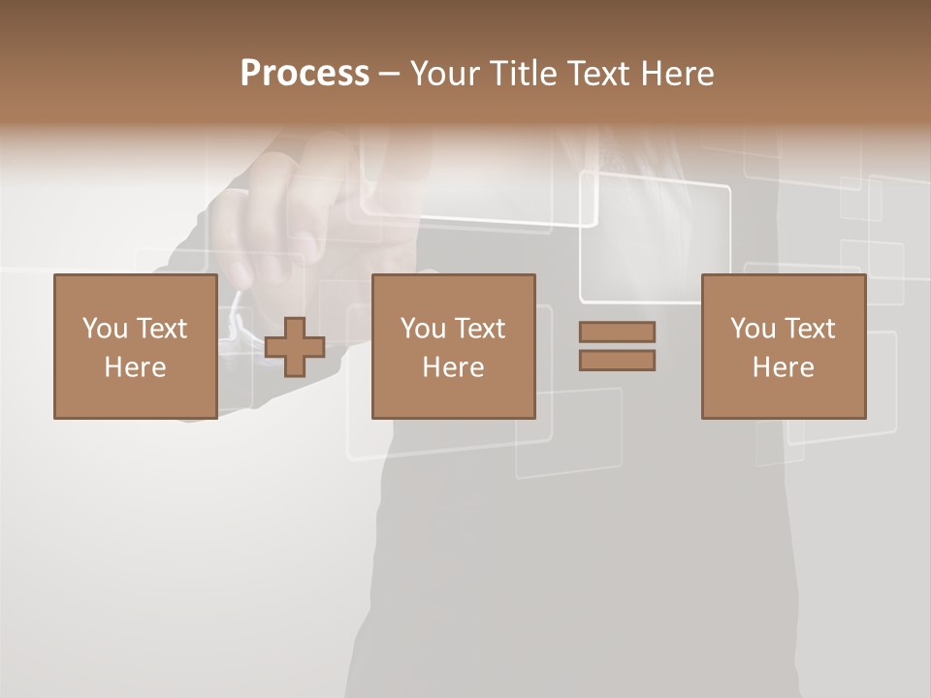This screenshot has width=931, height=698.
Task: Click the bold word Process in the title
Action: click(x=305, y=74)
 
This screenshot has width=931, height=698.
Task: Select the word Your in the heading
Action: click(x=445, y=74)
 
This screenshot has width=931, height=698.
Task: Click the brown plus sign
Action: click(x=295, y=347)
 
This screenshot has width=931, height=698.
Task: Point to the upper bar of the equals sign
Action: click(x=617, y=332)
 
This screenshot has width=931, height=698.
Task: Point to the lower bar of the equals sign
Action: click(x=617, y=360)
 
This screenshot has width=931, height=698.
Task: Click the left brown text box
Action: click(x=135, y=346)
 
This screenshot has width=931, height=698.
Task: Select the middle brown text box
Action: click(x=453, y=346)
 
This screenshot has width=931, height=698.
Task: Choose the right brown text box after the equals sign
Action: click(x=783, y=346)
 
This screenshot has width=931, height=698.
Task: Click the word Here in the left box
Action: click(x=135, y=367)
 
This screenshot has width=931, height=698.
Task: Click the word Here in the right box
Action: click(x=783, y=367)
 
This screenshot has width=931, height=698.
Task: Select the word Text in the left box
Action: click(x=163, y=329)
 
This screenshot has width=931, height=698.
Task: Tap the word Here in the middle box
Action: click(x=453, y=367)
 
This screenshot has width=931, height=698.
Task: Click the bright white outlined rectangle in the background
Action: click(x=656, y=238)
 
